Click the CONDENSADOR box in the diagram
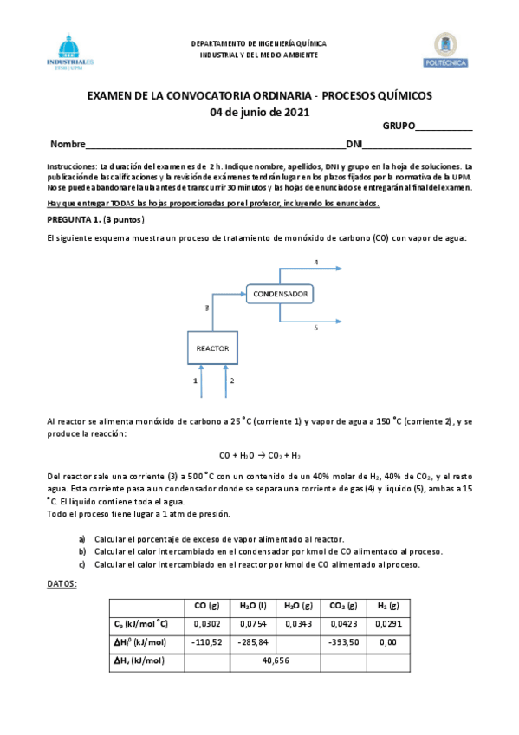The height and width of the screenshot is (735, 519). [280, 295]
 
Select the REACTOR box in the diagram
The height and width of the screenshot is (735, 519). [212, 348]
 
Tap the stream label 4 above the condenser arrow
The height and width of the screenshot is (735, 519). [315, 262]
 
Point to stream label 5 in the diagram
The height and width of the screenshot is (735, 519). [315, 328]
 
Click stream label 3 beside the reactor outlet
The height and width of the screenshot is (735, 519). [206, 308]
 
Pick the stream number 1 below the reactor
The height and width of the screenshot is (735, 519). [196, 381]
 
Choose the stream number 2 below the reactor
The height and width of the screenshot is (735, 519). [232, 381]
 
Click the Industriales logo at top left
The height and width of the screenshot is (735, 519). [73, 52]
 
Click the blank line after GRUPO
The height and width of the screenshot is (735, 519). [444, 127]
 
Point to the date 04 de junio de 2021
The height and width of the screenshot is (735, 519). [260, 112]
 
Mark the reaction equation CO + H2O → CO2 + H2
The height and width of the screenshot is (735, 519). [260, 455]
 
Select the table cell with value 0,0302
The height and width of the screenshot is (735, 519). [207, 623]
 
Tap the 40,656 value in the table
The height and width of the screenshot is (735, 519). [275, 660]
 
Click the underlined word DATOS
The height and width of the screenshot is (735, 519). [61, 583]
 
